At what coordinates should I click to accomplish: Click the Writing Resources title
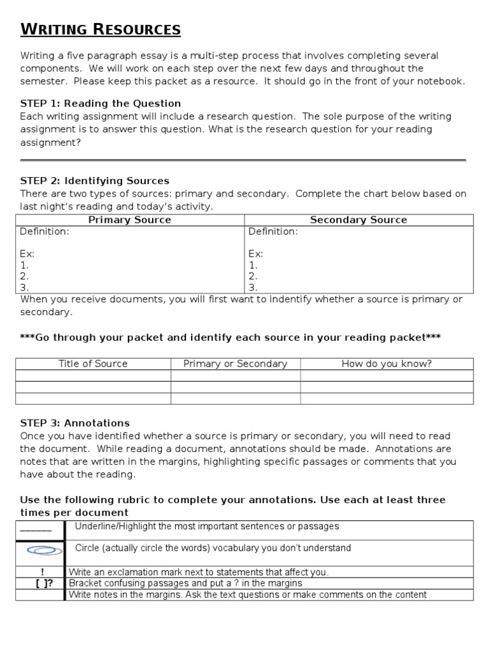coord(101,29)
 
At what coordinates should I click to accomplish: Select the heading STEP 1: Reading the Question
coord(101,103)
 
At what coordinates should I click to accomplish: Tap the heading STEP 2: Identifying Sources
coord(95,181)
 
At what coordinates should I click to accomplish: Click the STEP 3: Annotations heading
coord(75,423)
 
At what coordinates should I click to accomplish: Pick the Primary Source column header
coord(129,220)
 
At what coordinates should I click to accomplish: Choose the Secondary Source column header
coord(358,220)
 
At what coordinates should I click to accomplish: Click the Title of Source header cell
coord(93,364)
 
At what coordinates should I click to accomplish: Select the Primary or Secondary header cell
coord(235,364)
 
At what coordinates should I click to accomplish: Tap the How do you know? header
coord(386,364)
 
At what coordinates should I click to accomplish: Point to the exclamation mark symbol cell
coord(42,572)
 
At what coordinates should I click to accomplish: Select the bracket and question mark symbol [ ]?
coord(42,583)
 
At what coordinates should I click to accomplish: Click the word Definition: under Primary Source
coord(45,232)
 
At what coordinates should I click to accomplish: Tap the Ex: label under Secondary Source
coord(255,254)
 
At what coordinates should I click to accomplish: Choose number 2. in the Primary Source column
coord(24,276)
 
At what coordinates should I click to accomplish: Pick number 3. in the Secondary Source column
coord(253,288)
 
